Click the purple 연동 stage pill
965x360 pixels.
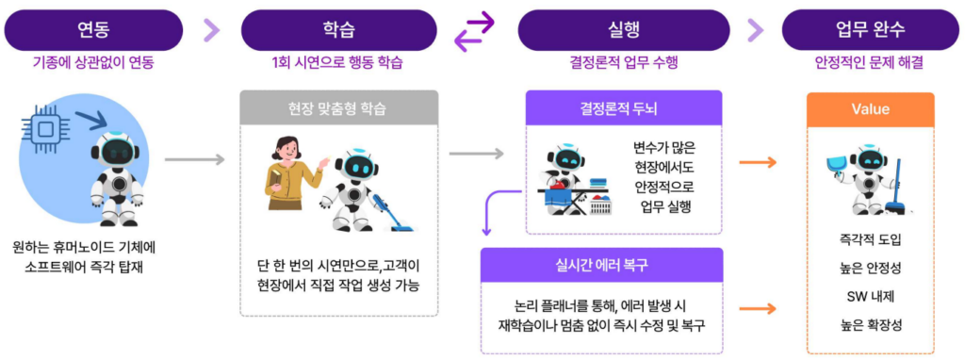(93, 30)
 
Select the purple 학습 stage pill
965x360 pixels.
(338, 30)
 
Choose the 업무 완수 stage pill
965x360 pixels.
(870, 30)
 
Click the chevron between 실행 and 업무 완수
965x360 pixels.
(755, 30)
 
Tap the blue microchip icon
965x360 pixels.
(45, 128)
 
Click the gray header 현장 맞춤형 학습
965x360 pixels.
(338, 111)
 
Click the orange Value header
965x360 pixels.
(870, 109)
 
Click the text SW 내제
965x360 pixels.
(870, 297)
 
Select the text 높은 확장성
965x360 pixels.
(870, 325)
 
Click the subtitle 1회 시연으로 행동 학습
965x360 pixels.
(338, 63)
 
